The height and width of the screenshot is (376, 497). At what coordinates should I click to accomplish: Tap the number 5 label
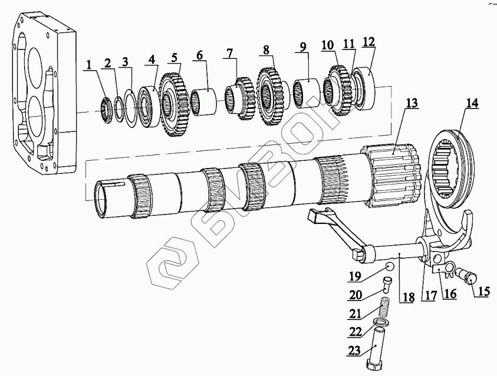(174, 58)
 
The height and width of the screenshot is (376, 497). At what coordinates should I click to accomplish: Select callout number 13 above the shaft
(411, 103)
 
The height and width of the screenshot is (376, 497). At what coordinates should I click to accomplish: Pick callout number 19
(354, 275)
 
